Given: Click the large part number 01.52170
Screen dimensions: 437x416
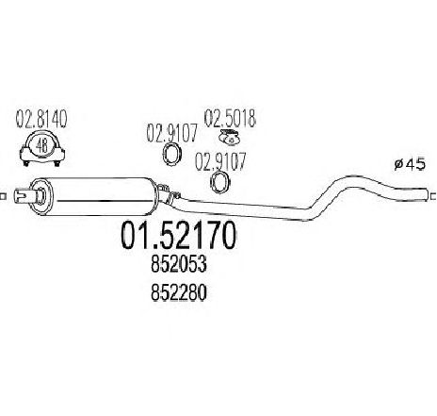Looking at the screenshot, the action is [178, 235].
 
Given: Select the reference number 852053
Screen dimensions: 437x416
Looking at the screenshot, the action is [179, 264].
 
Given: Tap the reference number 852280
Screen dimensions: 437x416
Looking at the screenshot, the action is [179, 292].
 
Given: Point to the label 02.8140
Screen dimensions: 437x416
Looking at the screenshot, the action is [41, 119].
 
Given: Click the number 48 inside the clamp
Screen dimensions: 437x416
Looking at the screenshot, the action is [42, 146].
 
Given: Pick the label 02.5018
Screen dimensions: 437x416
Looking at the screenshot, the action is [230, 118].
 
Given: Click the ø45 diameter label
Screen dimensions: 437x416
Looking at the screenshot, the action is [410, 164].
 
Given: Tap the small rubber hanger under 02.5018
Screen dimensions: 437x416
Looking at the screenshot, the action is [230, 138].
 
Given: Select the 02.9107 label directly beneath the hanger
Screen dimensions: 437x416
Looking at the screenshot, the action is [220, 162].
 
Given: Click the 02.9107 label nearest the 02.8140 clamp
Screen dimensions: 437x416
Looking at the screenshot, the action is [172, 133].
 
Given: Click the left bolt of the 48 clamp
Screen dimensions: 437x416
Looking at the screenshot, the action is [26, 163].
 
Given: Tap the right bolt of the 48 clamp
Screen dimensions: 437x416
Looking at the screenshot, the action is [57, 163].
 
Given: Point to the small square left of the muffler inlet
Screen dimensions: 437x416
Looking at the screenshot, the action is [3, 196].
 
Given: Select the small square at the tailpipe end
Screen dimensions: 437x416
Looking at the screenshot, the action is [433, 196].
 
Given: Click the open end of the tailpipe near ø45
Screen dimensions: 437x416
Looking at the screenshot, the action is [427, 194].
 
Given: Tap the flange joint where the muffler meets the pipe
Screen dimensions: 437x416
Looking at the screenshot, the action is [168, 193].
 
